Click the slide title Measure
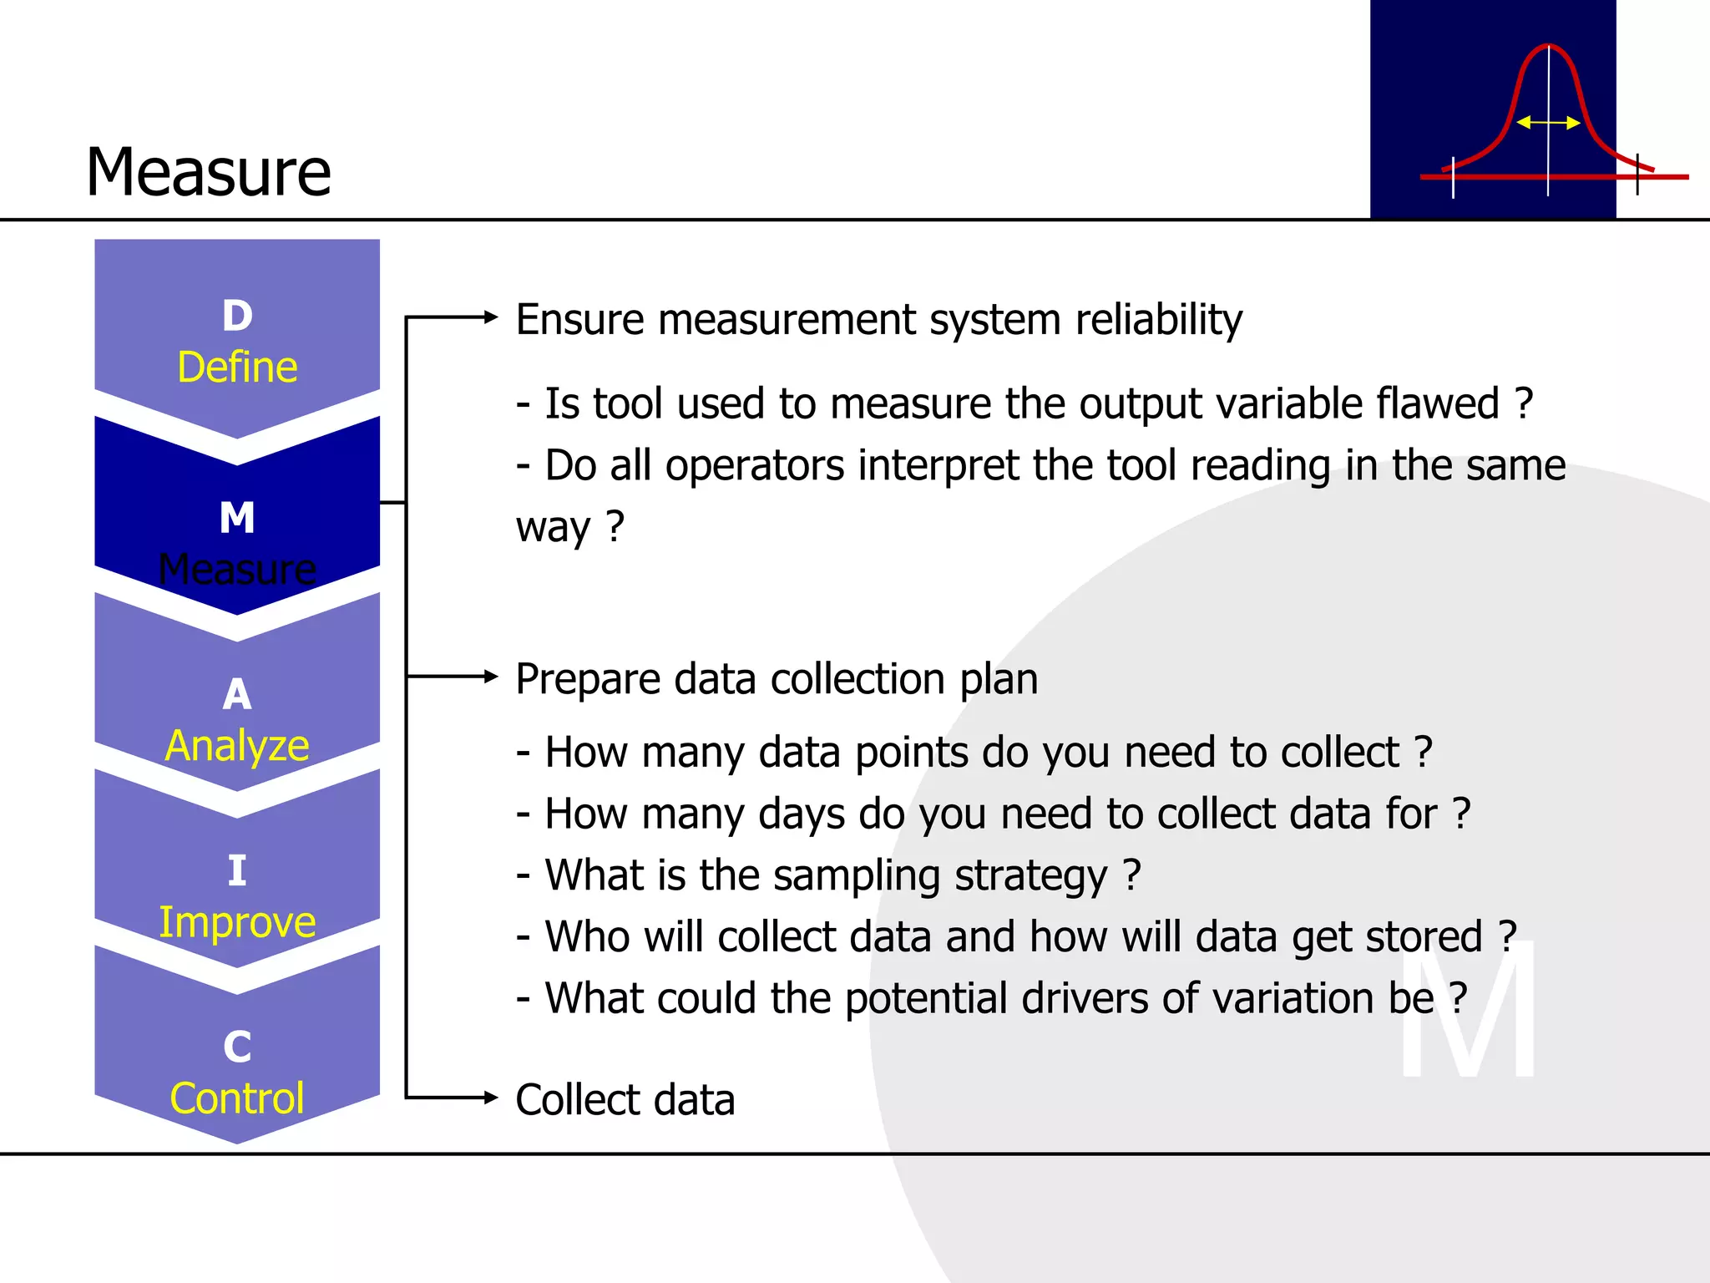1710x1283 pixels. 209,172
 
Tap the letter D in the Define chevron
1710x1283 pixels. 237,316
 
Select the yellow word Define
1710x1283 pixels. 237,368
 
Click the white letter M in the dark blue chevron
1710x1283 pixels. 237,518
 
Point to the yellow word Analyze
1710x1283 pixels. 237,746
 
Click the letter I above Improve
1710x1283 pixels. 237,871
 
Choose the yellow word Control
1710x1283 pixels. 237,1098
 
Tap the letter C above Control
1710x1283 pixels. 237,1047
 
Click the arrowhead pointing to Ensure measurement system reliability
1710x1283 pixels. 491,317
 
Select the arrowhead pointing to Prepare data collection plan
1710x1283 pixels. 491,677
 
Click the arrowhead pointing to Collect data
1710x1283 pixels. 491,1098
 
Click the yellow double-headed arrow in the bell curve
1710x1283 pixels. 1547,123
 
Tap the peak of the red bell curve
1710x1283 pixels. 1548,46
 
